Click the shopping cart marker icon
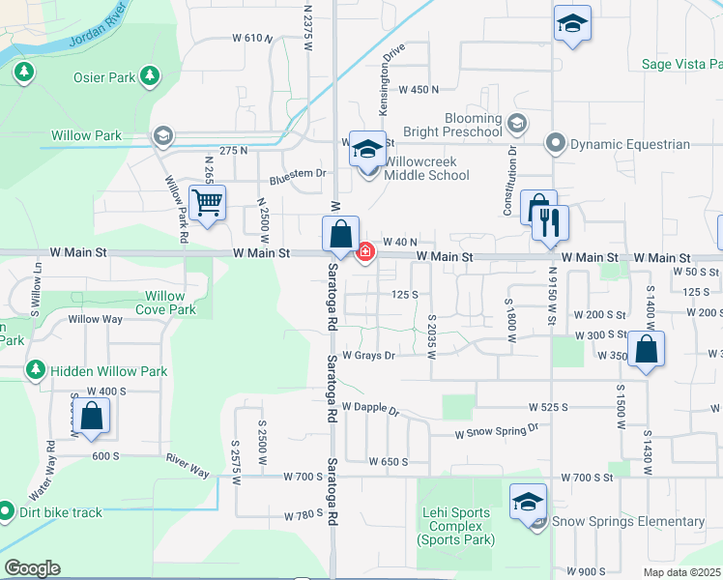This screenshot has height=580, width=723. (208, 203)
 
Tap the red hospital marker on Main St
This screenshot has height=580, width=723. (365, 252)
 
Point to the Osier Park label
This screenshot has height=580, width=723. (102, 76)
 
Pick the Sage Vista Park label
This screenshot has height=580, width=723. (682, 65)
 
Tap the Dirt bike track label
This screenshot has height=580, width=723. (59, 512)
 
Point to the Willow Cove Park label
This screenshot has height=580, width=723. (164, 303)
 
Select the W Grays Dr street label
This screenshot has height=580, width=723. (368, 356)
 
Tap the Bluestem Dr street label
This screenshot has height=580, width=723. (299, 174)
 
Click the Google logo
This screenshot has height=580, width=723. (32, 568)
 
